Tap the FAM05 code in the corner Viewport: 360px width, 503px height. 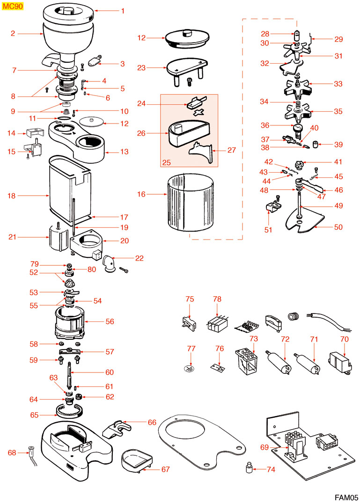(345, 497)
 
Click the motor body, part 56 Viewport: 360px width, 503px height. (70, 321)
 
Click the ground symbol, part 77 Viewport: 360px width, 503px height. (190, 368)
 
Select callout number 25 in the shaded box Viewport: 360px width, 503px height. (167, 162)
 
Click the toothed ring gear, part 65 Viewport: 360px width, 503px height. (70, 411)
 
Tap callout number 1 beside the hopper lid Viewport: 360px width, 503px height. (123, 10)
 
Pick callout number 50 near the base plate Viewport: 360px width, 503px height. (338, 227)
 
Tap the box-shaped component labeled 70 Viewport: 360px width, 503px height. (341, 362)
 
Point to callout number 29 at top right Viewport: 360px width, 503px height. (338, 39)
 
